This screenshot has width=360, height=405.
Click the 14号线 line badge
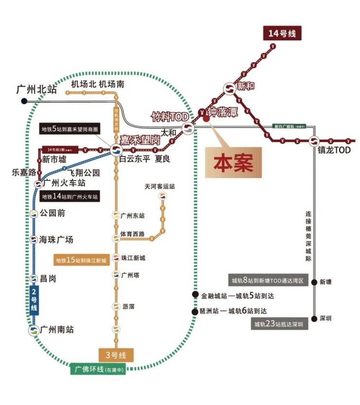tap(282, 34)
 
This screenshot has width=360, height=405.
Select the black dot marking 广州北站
tap(24, 101)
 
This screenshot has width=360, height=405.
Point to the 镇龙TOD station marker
tap(314, 141)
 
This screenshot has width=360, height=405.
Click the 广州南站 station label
tap(57, 330)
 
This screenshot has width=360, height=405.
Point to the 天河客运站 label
tap(159, 186)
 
